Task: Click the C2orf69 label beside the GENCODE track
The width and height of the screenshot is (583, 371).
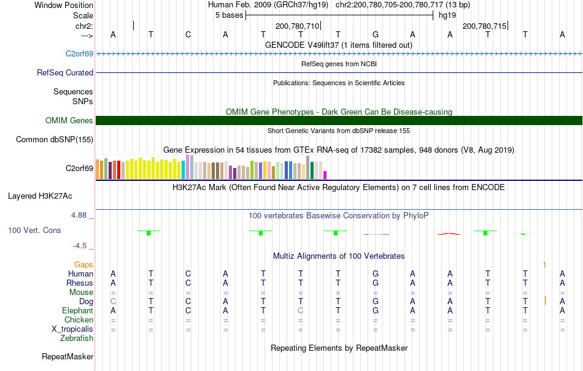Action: pos(79,54)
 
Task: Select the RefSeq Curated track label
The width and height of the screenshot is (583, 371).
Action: pos(65,72)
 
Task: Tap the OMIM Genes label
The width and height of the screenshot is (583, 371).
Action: pos(69,121)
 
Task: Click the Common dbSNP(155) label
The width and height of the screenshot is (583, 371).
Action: pos(55,139)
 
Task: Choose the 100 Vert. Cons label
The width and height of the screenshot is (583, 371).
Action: pos(35,231)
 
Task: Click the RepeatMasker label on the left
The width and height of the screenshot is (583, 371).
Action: pos(68,356)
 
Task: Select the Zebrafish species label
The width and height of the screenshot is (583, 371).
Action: pos(77,338)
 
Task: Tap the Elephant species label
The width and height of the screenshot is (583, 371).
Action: pos(77,310)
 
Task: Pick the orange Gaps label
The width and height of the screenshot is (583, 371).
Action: pos(83,264)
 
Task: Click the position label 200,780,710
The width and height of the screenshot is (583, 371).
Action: pos(298,26)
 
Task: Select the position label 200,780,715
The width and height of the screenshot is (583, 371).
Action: pos(485,26)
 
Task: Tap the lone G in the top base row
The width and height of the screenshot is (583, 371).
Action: pos(376,34)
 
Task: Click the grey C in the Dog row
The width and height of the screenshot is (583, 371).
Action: pos(113,301)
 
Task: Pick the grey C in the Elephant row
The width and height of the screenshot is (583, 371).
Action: pos(300,310)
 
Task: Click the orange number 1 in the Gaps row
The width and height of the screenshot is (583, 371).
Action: pos(544,264)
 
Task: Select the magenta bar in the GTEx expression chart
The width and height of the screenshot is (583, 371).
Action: pos(325,175)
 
